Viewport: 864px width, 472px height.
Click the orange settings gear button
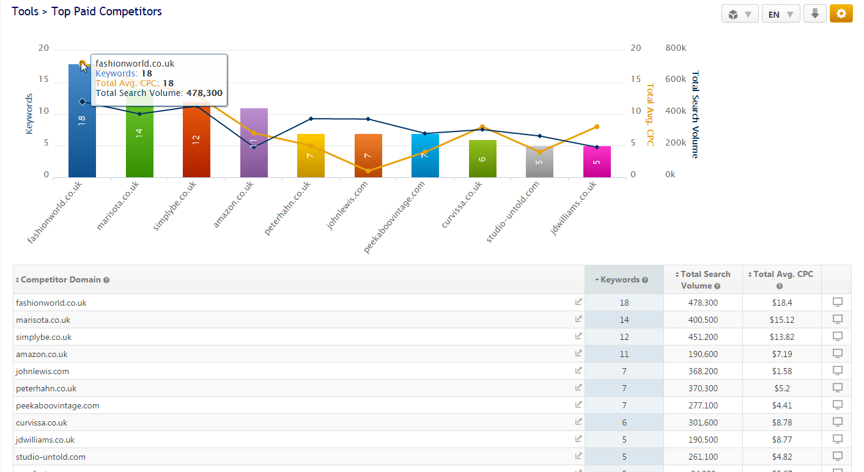pos(841,13)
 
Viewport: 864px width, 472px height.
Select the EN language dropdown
pos(780,14)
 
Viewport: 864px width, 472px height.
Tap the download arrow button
pos(814,13)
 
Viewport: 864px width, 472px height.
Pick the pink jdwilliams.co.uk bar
pos(597,162)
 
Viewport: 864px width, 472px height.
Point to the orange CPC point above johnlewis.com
pos(368,171)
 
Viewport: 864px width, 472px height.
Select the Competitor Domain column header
pos(61,279)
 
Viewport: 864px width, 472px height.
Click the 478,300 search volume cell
pos(703,303)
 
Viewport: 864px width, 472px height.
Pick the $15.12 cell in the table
pos(782,320)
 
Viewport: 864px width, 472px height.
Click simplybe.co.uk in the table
pos(44,337)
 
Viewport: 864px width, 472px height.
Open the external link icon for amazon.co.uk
pos(578,353)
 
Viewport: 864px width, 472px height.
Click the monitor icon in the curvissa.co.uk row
pos(838,422)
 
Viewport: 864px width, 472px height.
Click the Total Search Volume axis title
pos(695,114)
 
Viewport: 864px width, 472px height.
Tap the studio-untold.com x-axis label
pos(514,213)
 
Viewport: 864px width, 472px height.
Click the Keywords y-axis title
pos(29,114)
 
